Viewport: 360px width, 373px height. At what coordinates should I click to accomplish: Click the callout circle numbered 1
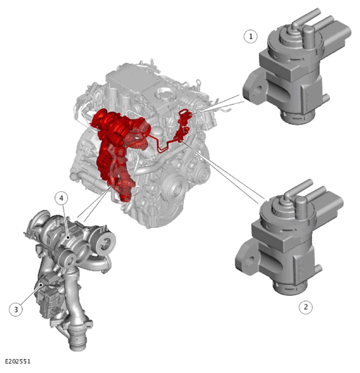(x=250, y=37)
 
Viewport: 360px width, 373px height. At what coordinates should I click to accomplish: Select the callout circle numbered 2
(x=306, y=307)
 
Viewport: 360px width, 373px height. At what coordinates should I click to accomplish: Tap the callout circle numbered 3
(x=16, y=310)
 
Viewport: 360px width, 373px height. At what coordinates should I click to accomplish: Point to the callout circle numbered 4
(x=61, y=198)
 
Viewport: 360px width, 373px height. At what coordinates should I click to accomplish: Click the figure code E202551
(x=18, y=361)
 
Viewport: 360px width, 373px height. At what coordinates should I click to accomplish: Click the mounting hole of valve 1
(x=258, y=90)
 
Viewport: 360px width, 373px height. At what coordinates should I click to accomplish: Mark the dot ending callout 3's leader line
(x=41, y=284)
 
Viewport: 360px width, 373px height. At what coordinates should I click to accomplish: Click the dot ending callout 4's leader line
(x=68, y=237)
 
